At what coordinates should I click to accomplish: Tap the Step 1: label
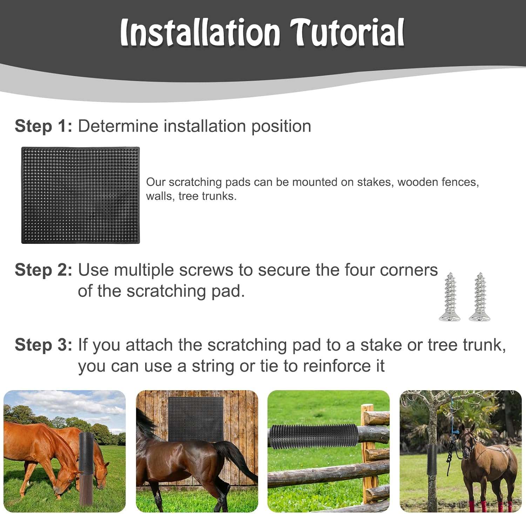[x=43, y=126]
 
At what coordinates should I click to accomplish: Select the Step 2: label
[x=43, y=270]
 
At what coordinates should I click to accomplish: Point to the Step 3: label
[x=43, y=345]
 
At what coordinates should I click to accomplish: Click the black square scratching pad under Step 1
[x=81, y=195]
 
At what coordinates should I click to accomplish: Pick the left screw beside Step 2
[x=450, y=297]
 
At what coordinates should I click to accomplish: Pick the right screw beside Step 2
[x=480, y=297]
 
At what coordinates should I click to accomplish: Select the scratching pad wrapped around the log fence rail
[x=313, y=436]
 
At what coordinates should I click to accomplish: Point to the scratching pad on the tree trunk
[x=432, y=456]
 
